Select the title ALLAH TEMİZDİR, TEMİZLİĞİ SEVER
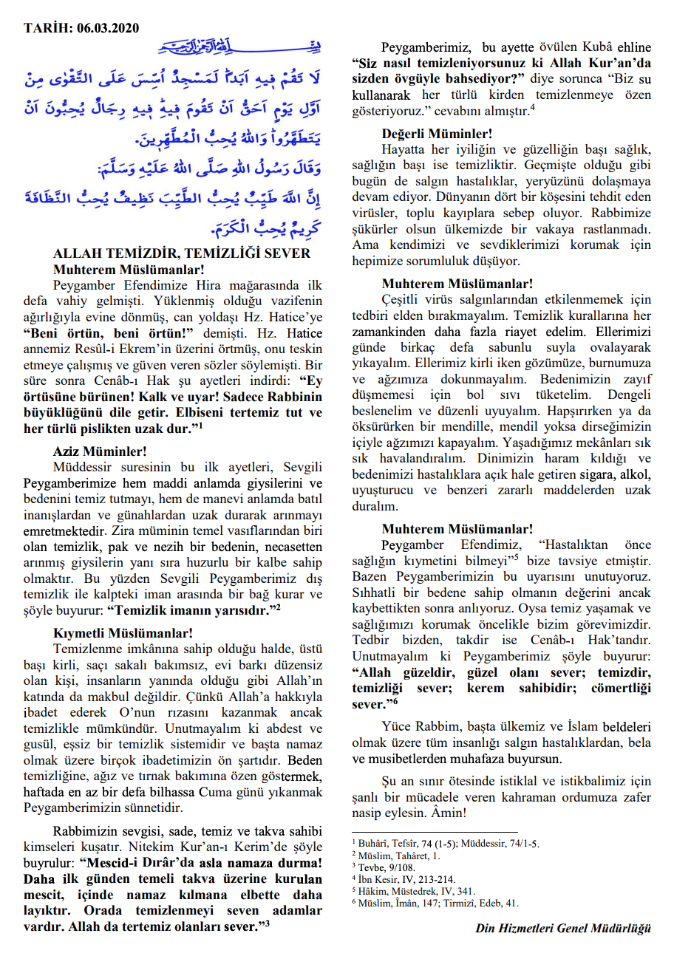182,253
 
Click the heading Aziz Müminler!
100,451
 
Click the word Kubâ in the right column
587,47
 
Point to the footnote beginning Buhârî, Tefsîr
399,843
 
